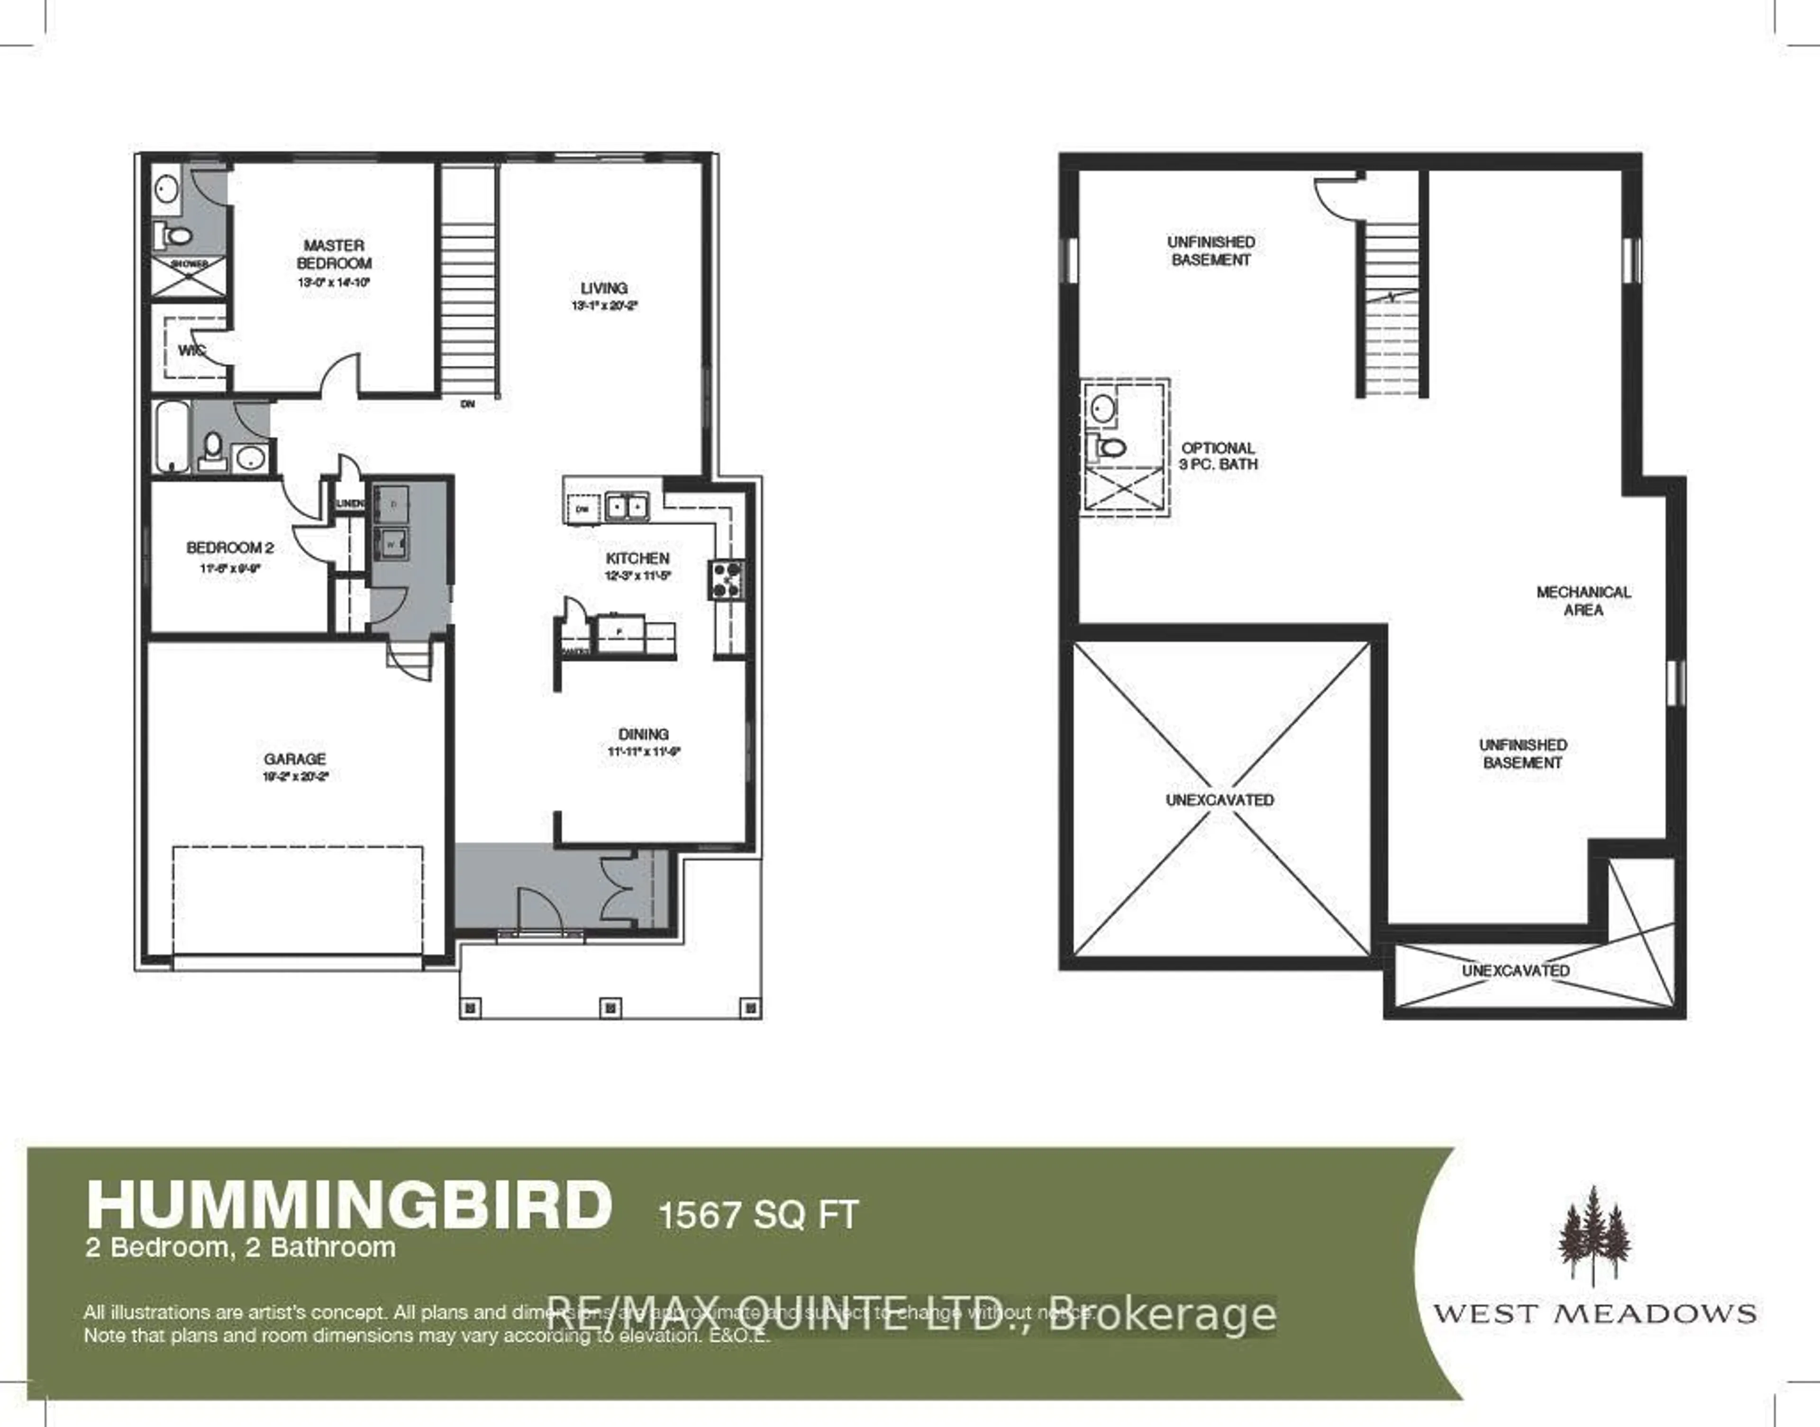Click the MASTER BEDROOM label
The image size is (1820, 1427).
coord(333,254)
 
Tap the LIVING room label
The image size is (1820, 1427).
coord(603,288)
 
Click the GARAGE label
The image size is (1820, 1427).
coord(294,759)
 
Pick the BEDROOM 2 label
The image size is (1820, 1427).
coord(230,548)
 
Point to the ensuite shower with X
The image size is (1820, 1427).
coord(189,277)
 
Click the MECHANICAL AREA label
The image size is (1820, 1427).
coord(1583,601)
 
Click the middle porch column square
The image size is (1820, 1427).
coord(611,1009)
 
